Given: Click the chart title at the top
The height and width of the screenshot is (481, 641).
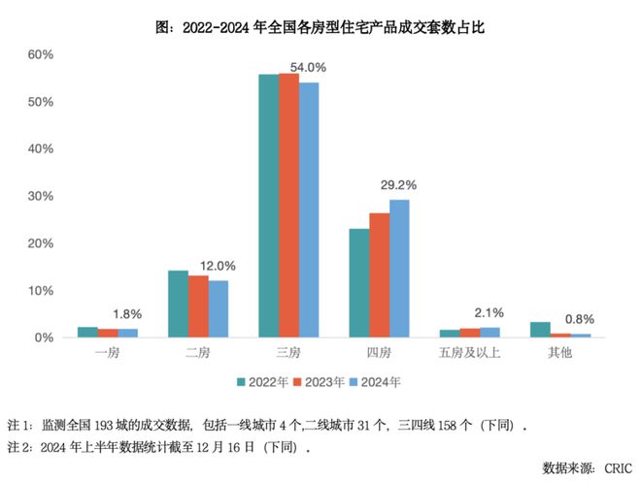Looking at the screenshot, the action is point(320,27).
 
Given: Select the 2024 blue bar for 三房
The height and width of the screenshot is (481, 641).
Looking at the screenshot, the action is point(309,209).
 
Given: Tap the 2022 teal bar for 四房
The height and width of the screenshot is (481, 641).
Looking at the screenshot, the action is point(359,283).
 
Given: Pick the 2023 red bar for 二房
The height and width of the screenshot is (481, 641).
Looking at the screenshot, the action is point(198,306).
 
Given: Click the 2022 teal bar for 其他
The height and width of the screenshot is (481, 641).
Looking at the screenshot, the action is point(540,330).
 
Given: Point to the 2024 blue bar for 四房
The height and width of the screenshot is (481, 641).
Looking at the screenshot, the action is point(399,269).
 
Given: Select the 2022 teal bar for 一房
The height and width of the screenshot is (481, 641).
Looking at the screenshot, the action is point(87,332).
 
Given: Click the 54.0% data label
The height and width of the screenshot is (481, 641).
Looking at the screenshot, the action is point(308,67).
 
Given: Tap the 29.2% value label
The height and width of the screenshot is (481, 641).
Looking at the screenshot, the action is point(398,185).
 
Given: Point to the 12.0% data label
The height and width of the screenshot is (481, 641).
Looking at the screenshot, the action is point(218,267).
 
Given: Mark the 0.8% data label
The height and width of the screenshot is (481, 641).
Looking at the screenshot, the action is point(580,319).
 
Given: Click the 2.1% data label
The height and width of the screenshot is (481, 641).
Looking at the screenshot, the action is point(489,313).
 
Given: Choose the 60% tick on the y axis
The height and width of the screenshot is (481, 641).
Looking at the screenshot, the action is point(41,54).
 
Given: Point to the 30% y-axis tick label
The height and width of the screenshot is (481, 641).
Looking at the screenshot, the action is point(41,196).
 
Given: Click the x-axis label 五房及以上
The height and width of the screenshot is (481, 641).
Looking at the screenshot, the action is point(469,352).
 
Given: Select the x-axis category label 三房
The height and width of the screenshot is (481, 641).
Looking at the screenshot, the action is point(288,352).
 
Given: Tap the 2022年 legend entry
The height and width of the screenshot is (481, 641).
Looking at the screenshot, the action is point(262,382).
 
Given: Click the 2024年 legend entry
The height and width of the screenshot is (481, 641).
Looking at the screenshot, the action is point(375,382).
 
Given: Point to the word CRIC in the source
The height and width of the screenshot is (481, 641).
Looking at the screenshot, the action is point(618,468).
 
